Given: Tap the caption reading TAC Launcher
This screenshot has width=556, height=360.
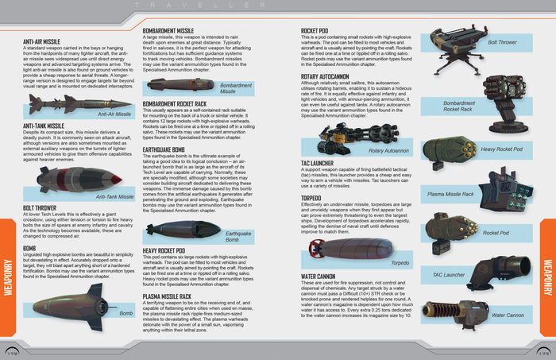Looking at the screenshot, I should pyautogui.click(x=448, y=274).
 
